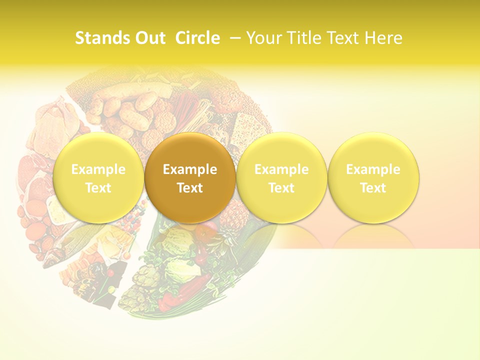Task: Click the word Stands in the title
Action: coord(101,38)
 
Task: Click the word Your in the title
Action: coord(263,38)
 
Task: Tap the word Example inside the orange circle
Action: coord(190,169)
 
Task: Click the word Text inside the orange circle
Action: coord(190,188)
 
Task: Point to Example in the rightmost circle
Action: coord(373,169)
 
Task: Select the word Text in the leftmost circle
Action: coord(98,188)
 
